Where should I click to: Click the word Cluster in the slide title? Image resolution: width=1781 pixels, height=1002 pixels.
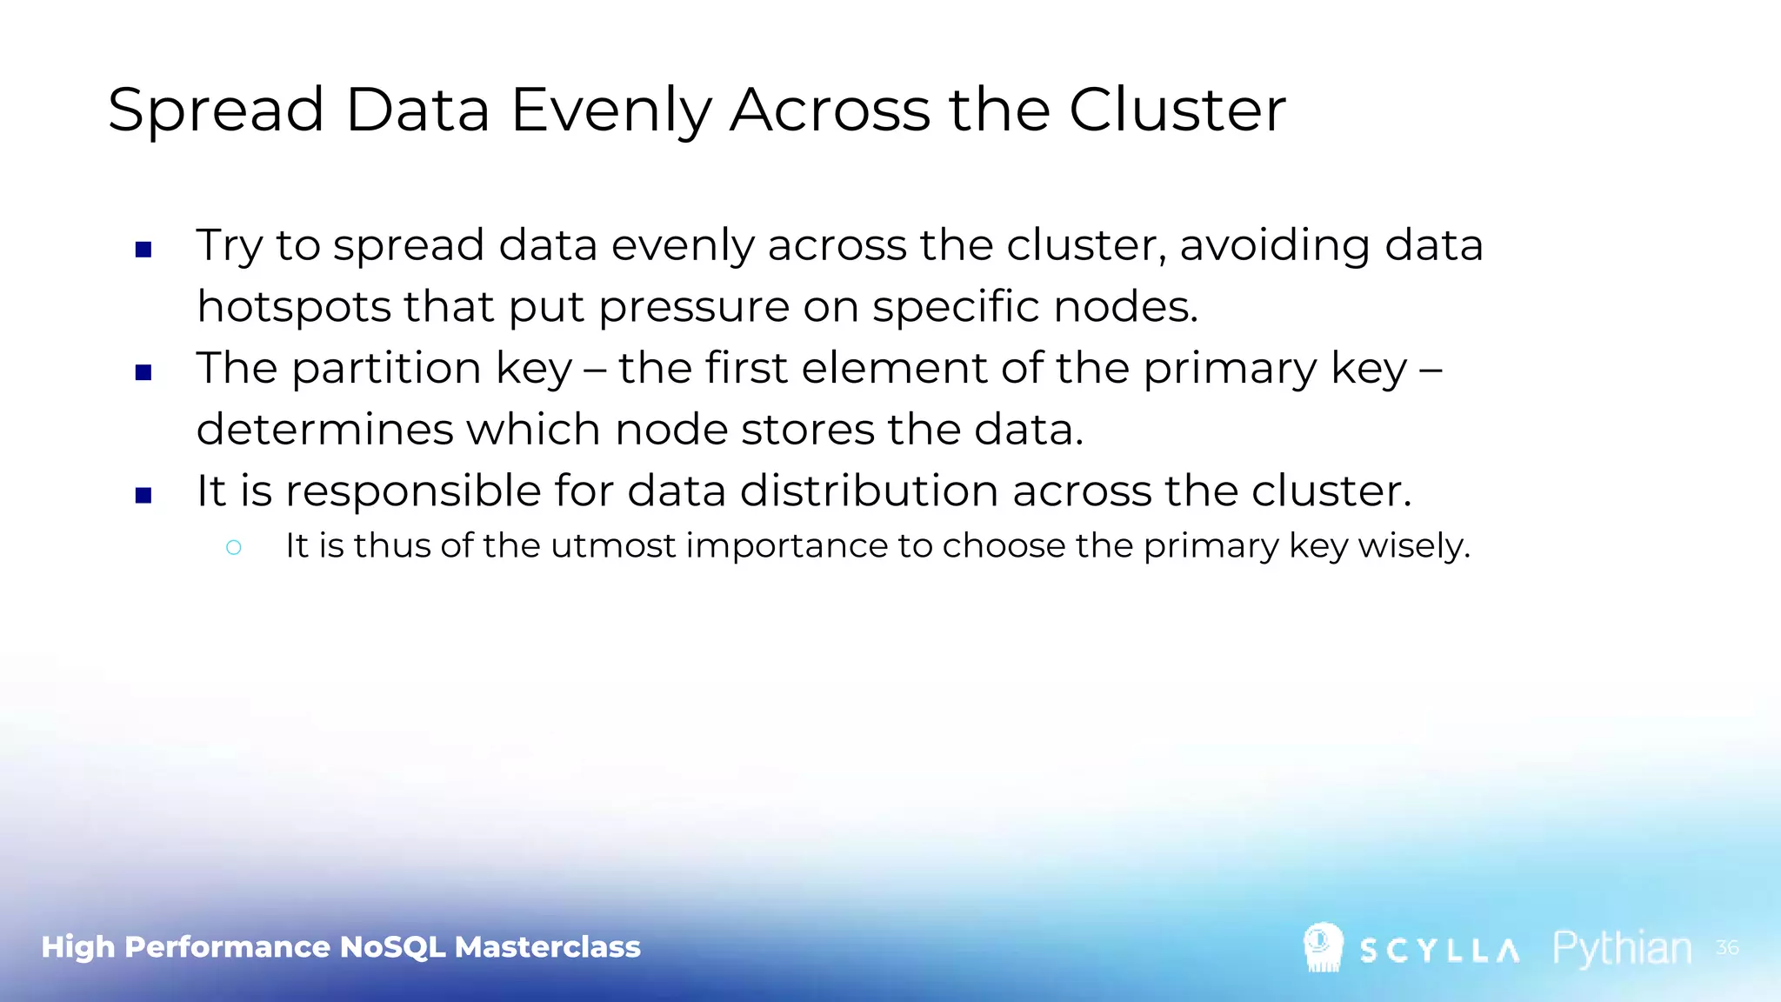click(x=1177, y=110)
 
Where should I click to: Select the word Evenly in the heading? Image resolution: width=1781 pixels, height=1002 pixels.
click(x=610, y=112)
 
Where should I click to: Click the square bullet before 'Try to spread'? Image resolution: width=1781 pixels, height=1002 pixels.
click(x=144, y=250)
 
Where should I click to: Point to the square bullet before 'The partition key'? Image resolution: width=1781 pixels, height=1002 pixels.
click(x=144, y=373)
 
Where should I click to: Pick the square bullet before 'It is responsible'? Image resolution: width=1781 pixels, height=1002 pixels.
click(x=144, y=496)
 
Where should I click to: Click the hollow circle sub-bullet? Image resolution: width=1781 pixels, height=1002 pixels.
click(x=233, y=547)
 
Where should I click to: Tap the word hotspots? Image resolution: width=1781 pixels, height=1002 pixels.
click(x=294, y=307)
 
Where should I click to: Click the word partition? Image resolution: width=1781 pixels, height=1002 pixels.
click(x=386, y=369)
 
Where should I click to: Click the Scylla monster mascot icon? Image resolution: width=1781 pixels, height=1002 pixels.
click(x=1323, y=946)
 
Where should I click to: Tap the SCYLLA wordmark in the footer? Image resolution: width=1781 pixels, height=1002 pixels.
click(x=1439, y=951)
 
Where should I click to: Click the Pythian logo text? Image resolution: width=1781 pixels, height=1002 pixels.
click(x=1622, y=948)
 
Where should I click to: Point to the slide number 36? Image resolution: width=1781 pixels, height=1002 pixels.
click(x=1727, y=947)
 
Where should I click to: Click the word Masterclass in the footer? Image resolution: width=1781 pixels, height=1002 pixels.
click(x=547, y=946)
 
